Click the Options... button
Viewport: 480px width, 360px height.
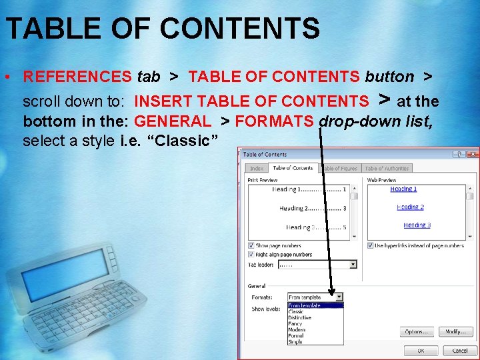(418, 331)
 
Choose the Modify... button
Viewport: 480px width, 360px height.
(455, 331)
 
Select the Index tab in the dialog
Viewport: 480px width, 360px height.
(256, 169)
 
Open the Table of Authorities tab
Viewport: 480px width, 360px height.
(387, 169)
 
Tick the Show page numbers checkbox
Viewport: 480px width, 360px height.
(251, 246)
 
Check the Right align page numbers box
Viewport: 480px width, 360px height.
(251, 254)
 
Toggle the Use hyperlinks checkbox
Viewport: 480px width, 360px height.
(371, 246)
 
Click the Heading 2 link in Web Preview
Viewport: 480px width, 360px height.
(410, 207)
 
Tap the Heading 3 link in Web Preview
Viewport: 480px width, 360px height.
(417, 225)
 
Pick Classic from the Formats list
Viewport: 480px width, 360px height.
(296, 312)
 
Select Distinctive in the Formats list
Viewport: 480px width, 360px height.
(299, 318)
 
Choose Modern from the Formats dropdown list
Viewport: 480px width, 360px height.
(297, 330)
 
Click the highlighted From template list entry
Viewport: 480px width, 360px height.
(305, 306)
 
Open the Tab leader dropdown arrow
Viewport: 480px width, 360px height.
(353, 265)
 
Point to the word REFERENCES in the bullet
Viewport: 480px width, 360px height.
(77, 77)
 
